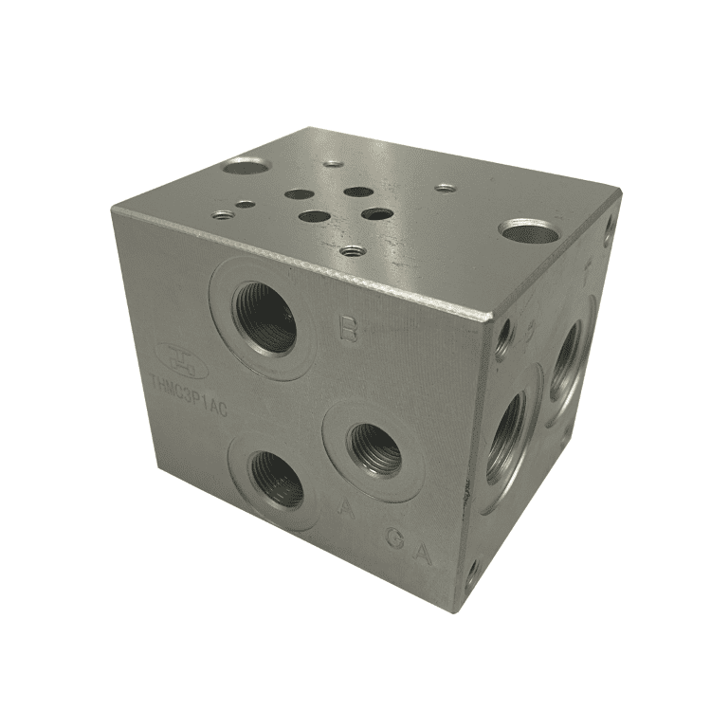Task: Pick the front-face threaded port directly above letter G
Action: click(374, 447)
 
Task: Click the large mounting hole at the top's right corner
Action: click(529, 229)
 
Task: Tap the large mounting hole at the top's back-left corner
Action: click(246, 168)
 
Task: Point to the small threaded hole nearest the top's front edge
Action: click(353, 251)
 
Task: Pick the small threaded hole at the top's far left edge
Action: click(222, 214)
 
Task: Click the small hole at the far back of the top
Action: click(333, 163)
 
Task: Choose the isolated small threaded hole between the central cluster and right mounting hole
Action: click(446, 188)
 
